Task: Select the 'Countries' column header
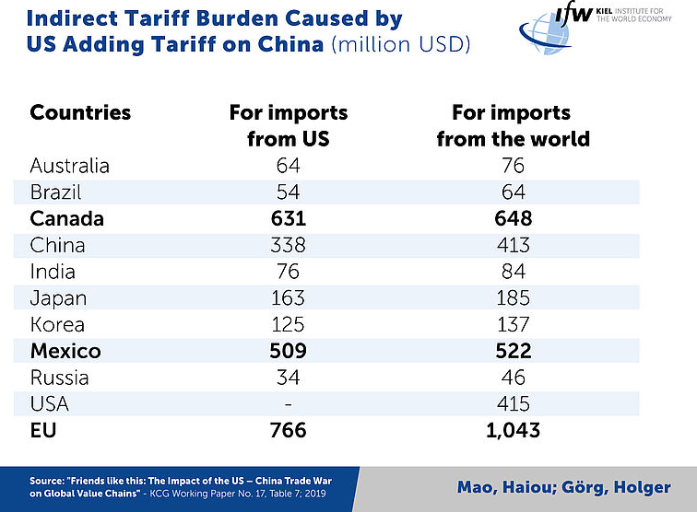[x=80, y=113]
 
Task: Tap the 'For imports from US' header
[x=288, y=126]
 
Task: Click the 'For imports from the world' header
[x=513, y=126]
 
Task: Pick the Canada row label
[x=66, y=219]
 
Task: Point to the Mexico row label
[x=65, y=351]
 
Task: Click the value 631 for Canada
[x=288, y=219]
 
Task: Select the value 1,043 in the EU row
[x=513, y=430]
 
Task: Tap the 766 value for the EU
[x=288, y=430]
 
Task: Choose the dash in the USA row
[x=288, y=404]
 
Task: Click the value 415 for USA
[x=513, y=404]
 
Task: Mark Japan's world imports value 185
[x=513, y=298]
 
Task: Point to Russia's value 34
[x=288, y=378]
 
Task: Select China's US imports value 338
[x=288, y=245]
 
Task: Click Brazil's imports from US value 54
[x=288, y=192]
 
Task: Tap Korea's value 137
[x=513, y=325]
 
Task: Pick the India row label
[x=53, y=272]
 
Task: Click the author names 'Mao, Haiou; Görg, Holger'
[x=563, y=486]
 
